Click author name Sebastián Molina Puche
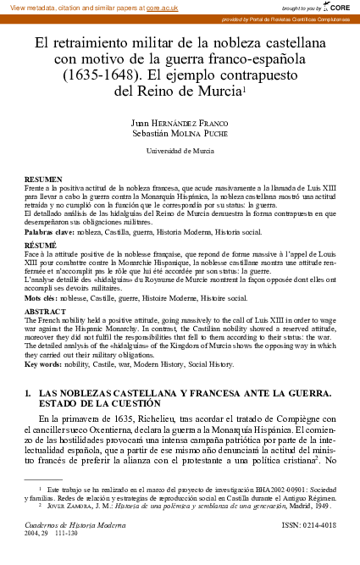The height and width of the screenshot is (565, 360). pos(180,132)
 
